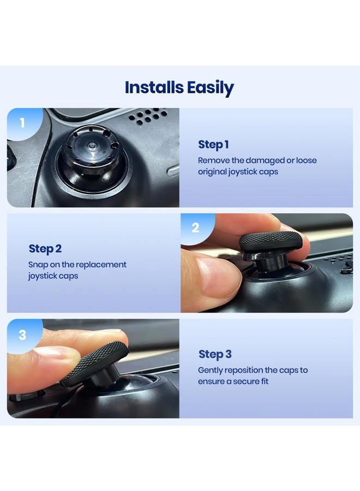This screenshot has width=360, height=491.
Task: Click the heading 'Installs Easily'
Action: click(x=179, y=87)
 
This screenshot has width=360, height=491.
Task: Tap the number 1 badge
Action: click(x=22, y=123)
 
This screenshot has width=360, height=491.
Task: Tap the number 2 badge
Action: click(x=195, y=228)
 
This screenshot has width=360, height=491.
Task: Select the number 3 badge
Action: click(x=22, y=334)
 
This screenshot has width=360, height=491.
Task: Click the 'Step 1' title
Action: click(x=213, y=145)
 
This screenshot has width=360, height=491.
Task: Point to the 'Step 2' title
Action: click(x=45, y=249)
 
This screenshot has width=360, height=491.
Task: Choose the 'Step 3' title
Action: click(x=214, y=354)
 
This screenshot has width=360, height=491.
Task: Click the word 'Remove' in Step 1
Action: click(x=213, y=160)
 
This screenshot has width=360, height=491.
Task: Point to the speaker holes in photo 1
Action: click(x=148, y=116)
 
